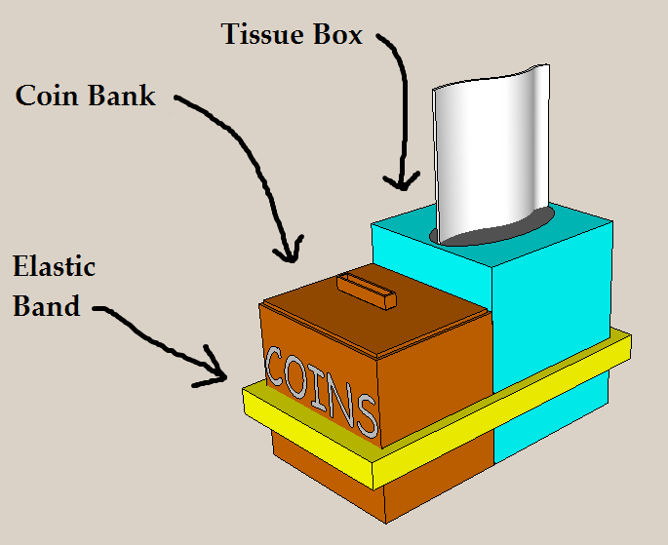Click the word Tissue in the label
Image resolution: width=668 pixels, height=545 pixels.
coord(260,35)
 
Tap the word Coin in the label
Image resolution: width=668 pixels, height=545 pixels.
coord(51,96)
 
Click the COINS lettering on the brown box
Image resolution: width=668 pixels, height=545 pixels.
coord(321,388)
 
